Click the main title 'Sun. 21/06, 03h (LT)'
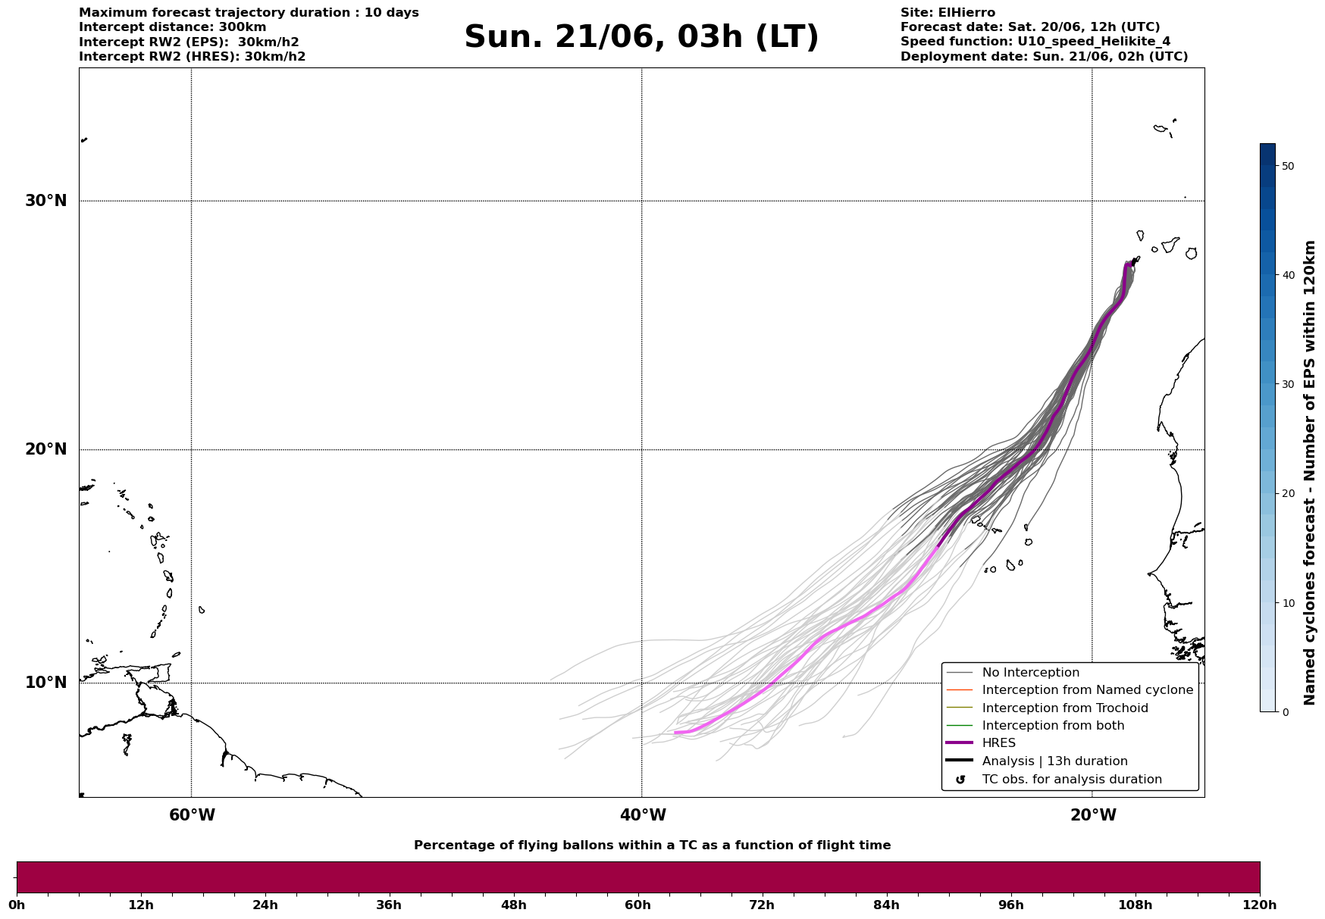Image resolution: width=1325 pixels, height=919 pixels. (641, 37)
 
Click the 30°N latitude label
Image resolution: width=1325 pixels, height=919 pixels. (46, 201)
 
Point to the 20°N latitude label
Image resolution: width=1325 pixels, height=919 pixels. (46, 449)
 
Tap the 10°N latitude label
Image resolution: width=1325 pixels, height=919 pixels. (46, 683)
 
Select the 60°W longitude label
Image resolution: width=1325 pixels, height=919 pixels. (192, 815)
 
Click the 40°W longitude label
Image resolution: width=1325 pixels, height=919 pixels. (643, 815)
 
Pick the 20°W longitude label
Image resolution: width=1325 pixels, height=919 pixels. (1093, 815)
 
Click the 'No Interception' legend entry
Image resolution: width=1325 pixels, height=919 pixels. (1030, 673)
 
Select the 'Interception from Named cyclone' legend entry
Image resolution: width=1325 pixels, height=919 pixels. (1087, 690)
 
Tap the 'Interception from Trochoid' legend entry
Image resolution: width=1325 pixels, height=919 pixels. (1065, 708)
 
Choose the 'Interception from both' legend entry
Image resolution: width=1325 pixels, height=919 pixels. (1053, 726)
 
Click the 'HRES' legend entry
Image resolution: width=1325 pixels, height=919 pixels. (998, 743)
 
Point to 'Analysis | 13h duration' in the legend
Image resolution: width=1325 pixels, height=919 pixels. (1054, 761)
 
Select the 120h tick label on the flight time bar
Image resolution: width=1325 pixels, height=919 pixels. (1259, 905)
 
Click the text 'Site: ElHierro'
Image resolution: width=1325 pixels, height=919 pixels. (948, 13)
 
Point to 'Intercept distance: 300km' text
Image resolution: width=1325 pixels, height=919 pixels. (173, 27)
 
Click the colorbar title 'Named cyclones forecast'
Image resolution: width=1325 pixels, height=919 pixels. (1309, 561)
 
